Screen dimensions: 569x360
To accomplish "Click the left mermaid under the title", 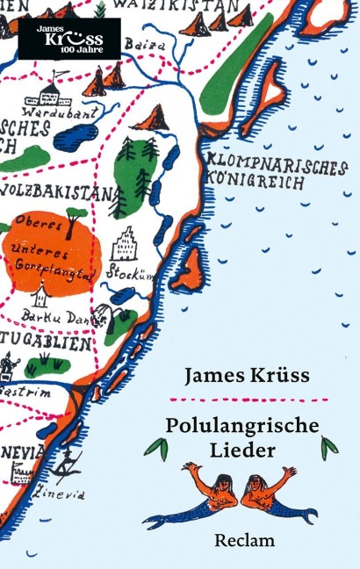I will (208, 493).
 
